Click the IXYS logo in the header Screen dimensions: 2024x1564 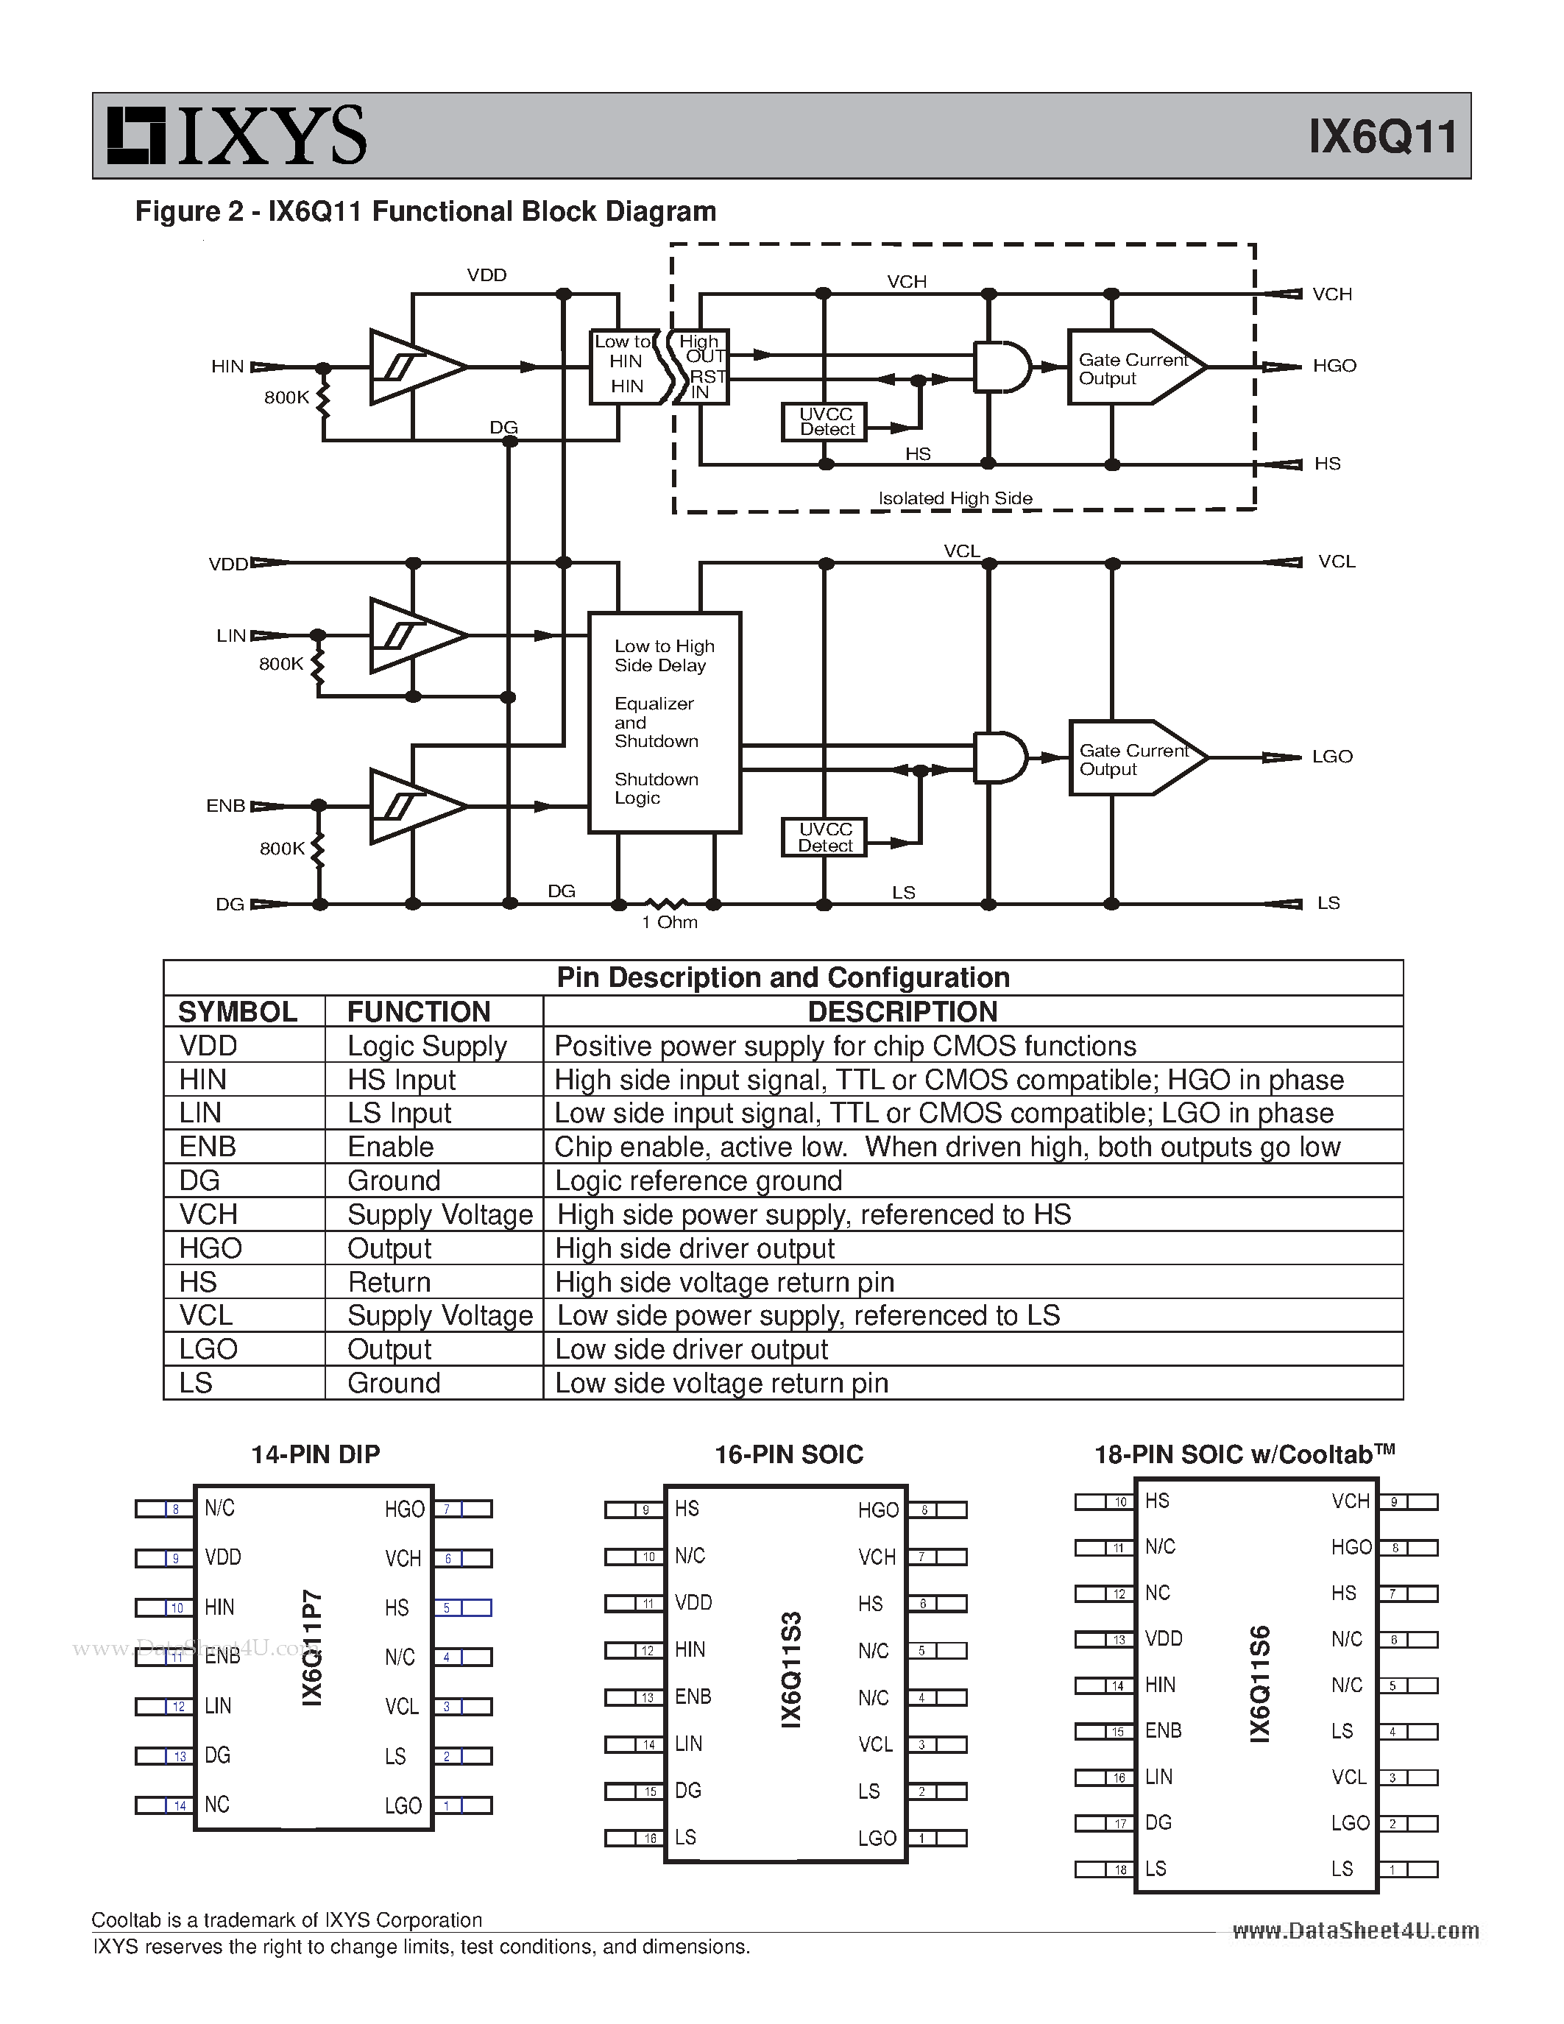(x=237, y=135)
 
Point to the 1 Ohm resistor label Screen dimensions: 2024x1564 (x=669, y=922)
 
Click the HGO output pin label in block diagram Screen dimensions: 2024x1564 (x=1334, y=366)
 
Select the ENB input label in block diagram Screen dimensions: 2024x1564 (x=225, y=805)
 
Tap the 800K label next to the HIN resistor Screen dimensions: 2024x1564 (x=286, y=397)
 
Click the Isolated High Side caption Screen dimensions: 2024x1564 (x=955, y=498)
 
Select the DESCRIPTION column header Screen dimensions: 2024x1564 (x=902, y=1011)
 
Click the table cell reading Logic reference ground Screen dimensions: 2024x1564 (x=698, y=1181)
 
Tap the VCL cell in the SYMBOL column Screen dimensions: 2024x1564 (x=205, y=1315)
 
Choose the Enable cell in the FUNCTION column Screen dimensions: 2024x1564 (x=390, y=1147)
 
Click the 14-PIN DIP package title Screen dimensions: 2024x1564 (x=315, y=1454)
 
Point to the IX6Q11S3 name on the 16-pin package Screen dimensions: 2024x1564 (x=790, y=1669)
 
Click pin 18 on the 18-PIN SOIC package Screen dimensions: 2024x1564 (x=1120, y=1870)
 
